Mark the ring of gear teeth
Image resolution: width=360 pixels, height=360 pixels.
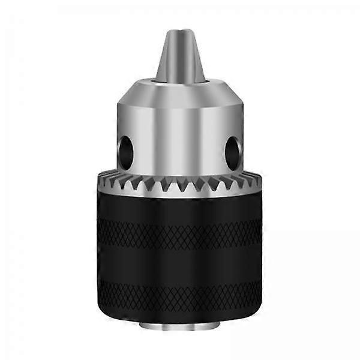(x=180, y=182)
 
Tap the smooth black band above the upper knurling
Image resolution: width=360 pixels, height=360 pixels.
(x=180, y=207)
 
